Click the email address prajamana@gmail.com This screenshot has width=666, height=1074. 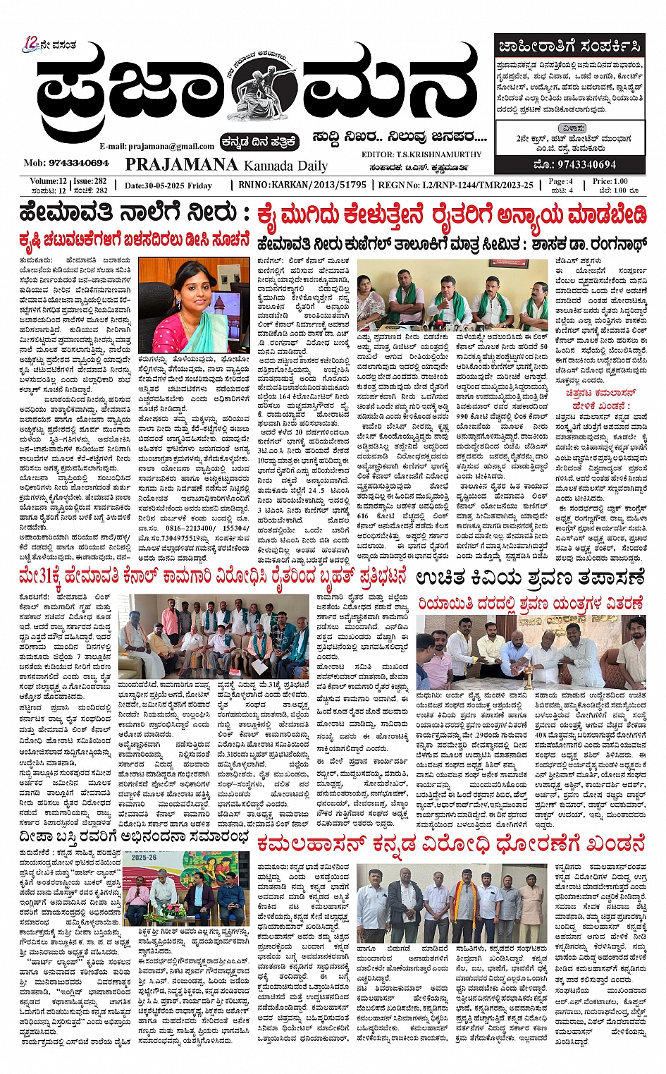click(x=157, y=146)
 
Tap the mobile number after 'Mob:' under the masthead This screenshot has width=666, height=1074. click(x=78, y=163)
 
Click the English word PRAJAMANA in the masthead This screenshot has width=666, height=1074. click(x=181, y=164)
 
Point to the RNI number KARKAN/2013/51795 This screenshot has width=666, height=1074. click(x=321, y=185)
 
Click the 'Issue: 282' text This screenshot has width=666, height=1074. click(x=90, y=181)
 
